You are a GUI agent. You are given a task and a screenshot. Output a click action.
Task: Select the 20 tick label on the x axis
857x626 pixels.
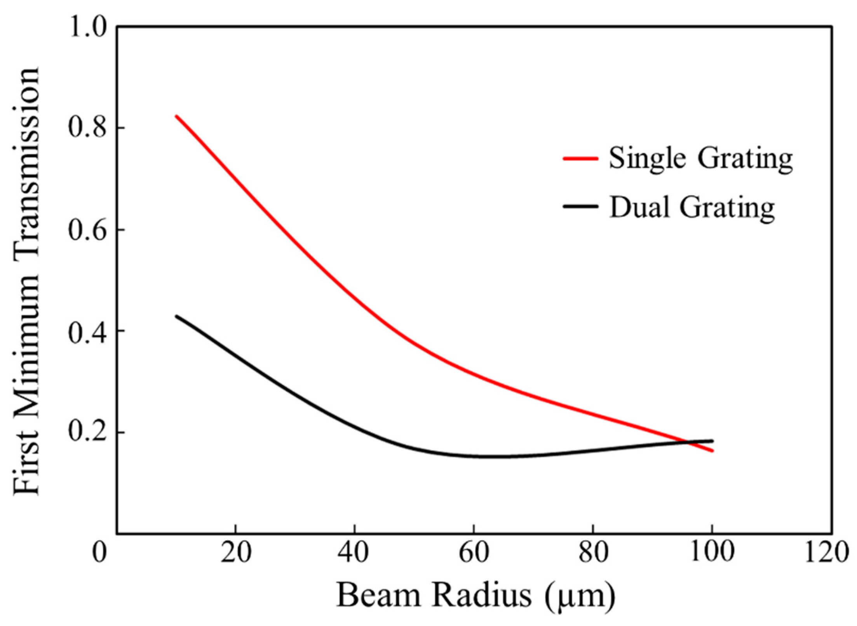[235, 552]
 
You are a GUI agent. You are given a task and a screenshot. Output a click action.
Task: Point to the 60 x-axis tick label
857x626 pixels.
[474, 552]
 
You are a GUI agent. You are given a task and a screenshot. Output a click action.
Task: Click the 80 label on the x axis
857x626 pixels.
[593, 552]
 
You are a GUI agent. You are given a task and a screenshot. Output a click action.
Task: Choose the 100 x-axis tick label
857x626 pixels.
[712, 552]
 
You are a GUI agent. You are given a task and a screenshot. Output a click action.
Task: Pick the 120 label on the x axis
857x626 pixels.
[831, 552]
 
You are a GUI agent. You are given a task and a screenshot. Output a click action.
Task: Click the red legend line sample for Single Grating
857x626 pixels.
[580, 158]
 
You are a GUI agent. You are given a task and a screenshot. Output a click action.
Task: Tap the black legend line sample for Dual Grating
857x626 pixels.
[580, 206]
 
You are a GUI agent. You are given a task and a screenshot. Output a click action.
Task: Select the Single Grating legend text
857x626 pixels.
[700, 159]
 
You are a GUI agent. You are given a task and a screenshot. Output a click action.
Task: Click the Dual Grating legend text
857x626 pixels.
[692, 207]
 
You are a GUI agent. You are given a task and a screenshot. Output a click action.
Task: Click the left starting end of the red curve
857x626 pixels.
[176, 116]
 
